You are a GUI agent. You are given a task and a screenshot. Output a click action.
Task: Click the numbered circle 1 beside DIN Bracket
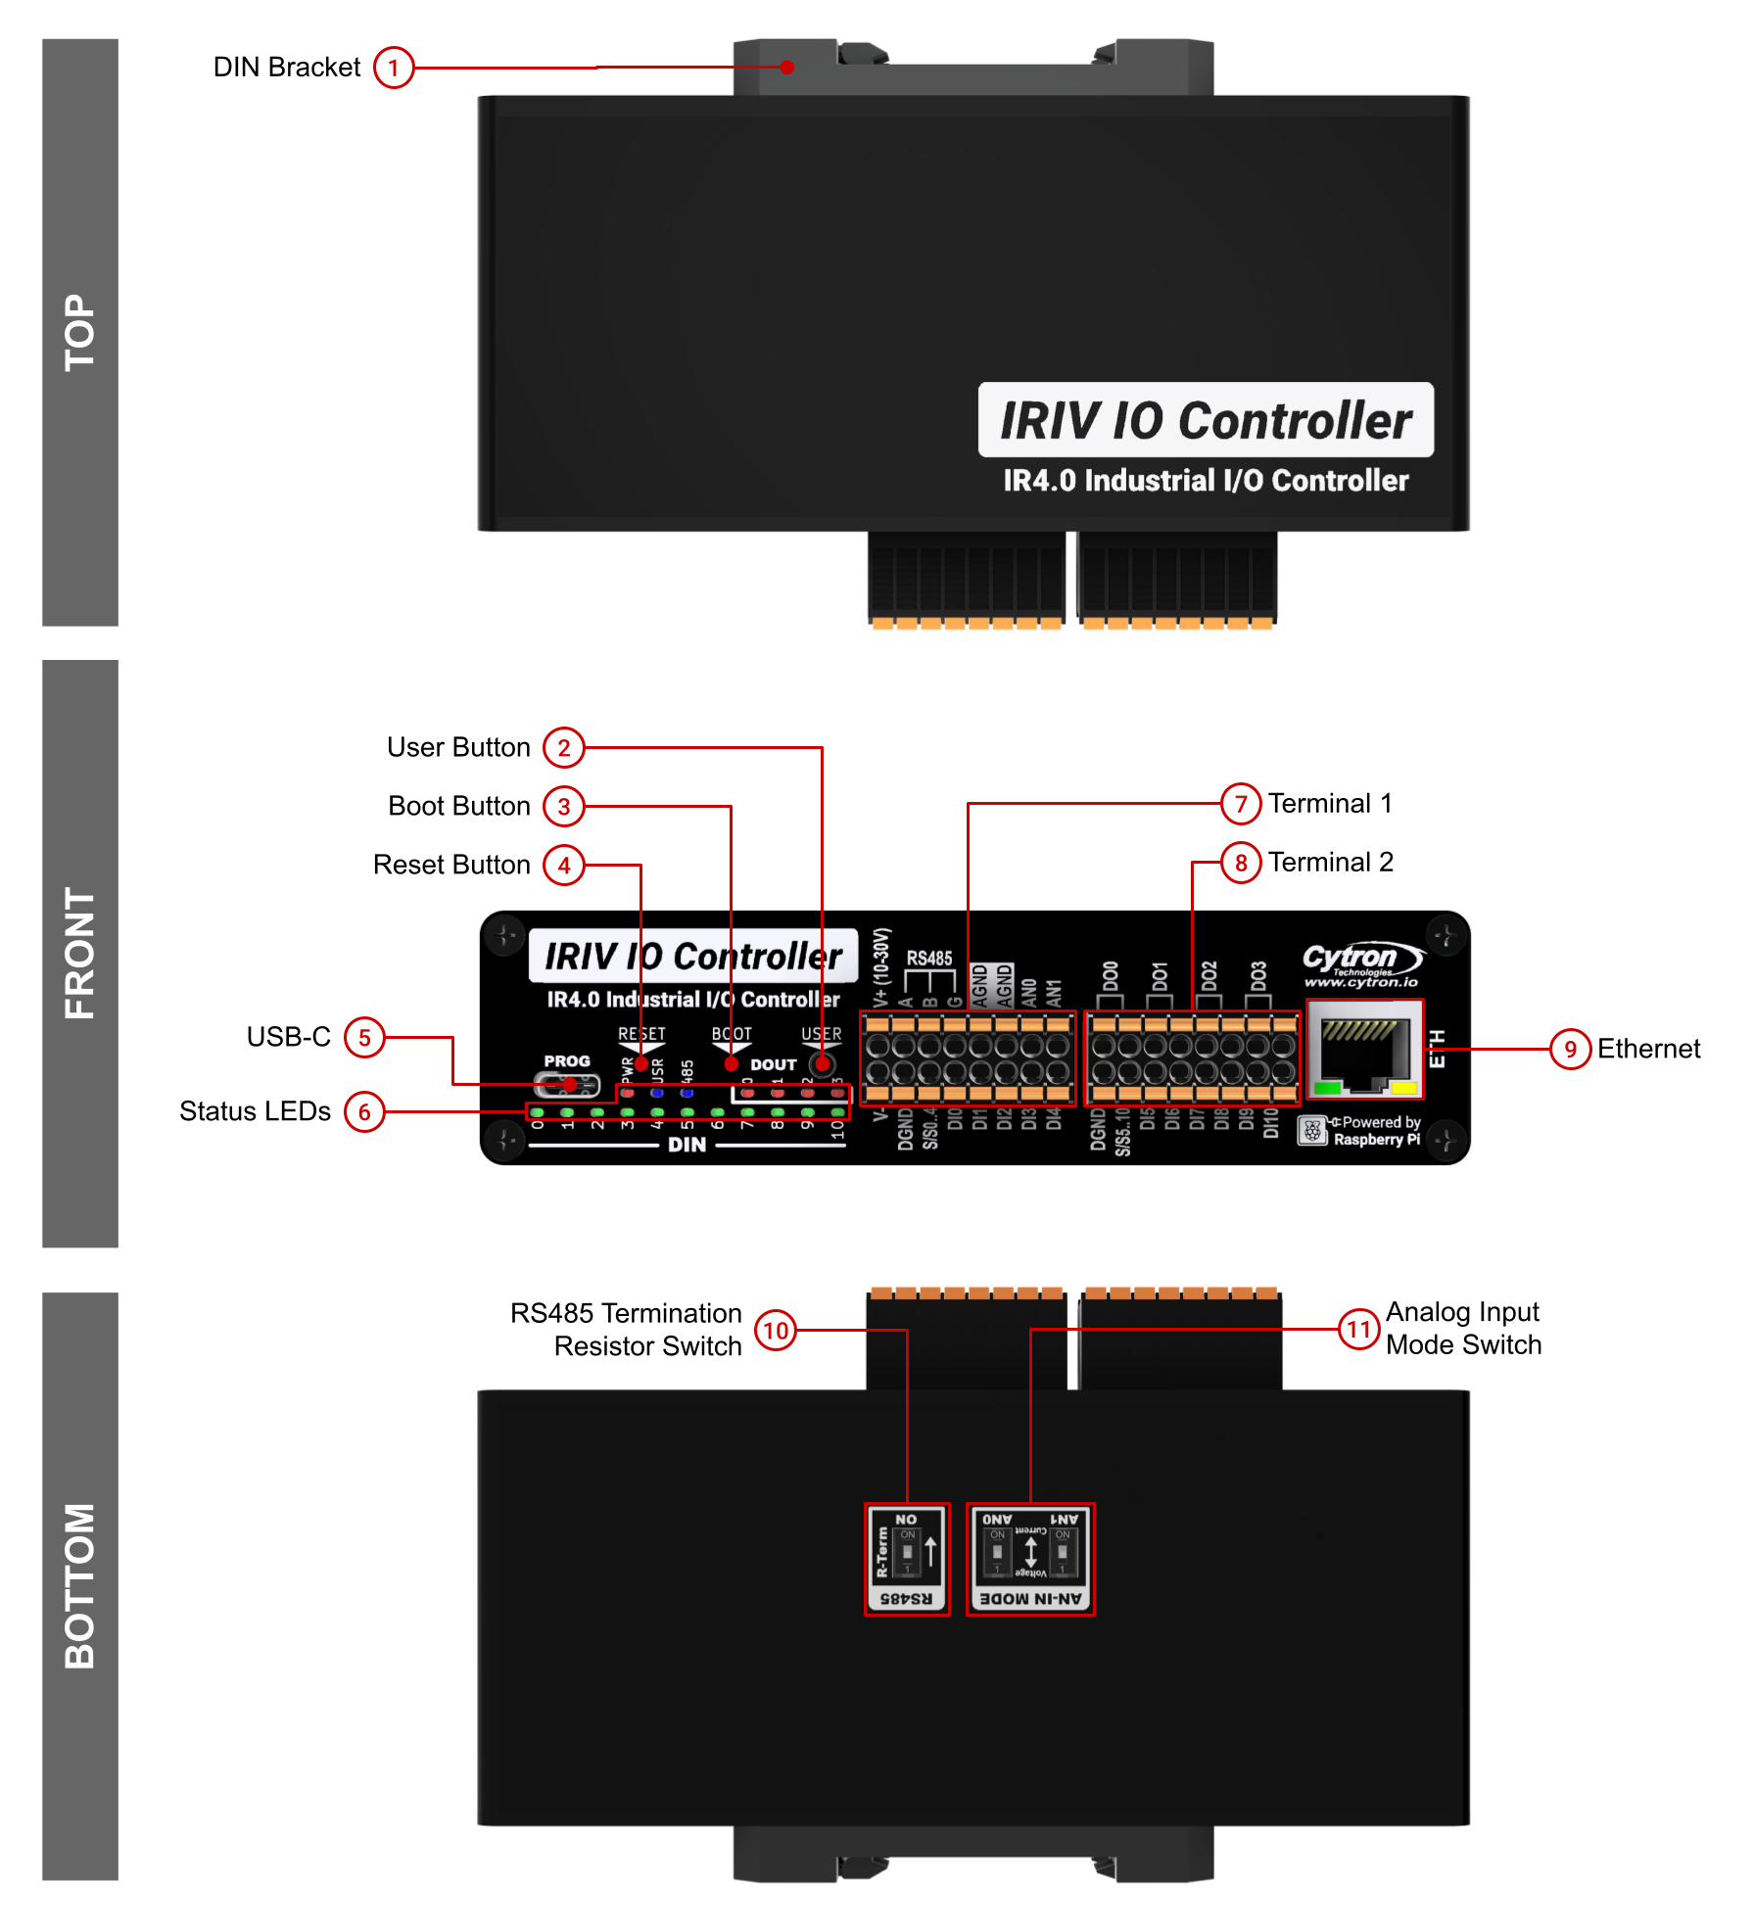coord(394,68)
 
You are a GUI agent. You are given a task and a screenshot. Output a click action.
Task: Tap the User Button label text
coord(458,748)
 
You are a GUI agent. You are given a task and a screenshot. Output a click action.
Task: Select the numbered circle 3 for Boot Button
coord(564,807)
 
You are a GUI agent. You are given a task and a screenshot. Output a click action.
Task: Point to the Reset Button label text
coord(451,866)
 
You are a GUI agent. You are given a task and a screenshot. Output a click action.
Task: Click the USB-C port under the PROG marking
coord(566,1085)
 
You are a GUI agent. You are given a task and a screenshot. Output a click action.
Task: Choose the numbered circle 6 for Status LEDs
coord(364,1112)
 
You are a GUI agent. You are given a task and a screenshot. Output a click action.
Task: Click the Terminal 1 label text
coord(1330,804)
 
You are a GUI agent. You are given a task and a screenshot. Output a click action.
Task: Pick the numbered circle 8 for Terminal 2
coord(1241,863)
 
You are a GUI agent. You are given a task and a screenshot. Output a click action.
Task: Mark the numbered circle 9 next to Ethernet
coord(1570,1050)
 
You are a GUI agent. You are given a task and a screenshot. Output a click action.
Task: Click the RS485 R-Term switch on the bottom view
coord(907,1559)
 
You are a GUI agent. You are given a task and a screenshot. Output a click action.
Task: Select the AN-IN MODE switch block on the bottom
coord(1030,1559)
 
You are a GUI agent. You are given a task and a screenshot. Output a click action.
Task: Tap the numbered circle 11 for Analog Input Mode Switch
coord(1358,1330)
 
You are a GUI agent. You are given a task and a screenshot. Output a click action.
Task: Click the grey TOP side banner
coord(80,333)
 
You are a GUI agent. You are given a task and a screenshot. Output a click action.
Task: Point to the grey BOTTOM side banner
coord(80,1586)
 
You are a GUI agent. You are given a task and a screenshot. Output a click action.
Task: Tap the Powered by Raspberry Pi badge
coord(1361,1131)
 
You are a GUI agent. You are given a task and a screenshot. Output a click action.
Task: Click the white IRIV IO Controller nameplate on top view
coord(1206,420)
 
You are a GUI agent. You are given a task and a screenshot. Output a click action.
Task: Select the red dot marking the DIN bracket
coord(787,68)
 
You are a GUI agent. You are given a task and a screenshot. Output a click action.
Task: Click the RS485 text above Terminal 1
coord(928,959)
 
